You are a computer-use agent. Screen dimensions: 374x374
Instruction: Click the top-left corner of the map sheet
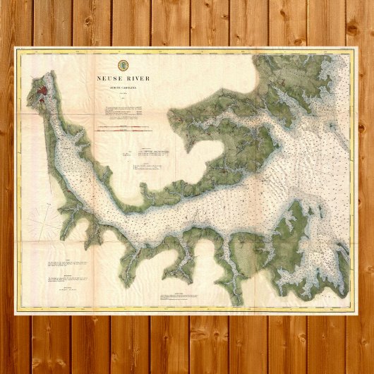tap(17, 49)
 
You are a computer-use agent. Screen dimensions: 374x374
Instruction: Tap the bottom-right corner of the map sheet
tap(357, 310)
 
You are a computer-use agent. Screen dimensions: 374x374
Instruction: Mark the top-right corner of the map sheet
tap(357, 49)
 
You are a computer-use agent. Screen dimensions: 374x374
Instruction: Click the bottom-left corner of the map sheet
tap(17, 310)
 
